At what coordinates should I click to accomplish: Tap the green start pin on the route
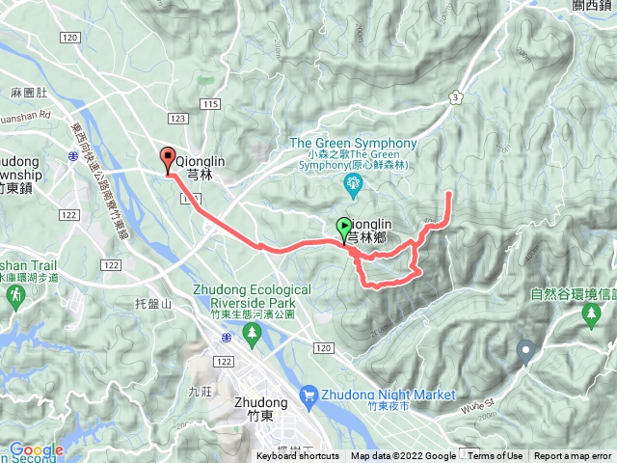(344, 229)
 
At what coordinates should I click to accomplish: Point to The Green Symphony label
(354, 144)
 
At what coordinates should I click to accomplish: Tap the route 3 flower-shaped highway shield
(454, 97)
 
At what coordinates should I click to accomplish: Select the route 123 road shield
(176, 118)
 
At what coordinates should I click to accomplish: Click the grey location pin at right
(526, 351)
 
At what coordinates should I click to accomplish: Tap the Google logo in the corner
(36, 449)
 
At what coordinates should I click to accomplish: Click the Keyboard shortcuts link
(299, 456)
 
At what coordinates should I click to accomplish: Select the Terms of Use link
(496, 456)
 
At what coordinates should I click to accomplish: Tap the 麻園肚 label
(28, 93)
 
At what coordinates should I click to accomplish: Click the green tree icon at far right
(589, 315)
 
